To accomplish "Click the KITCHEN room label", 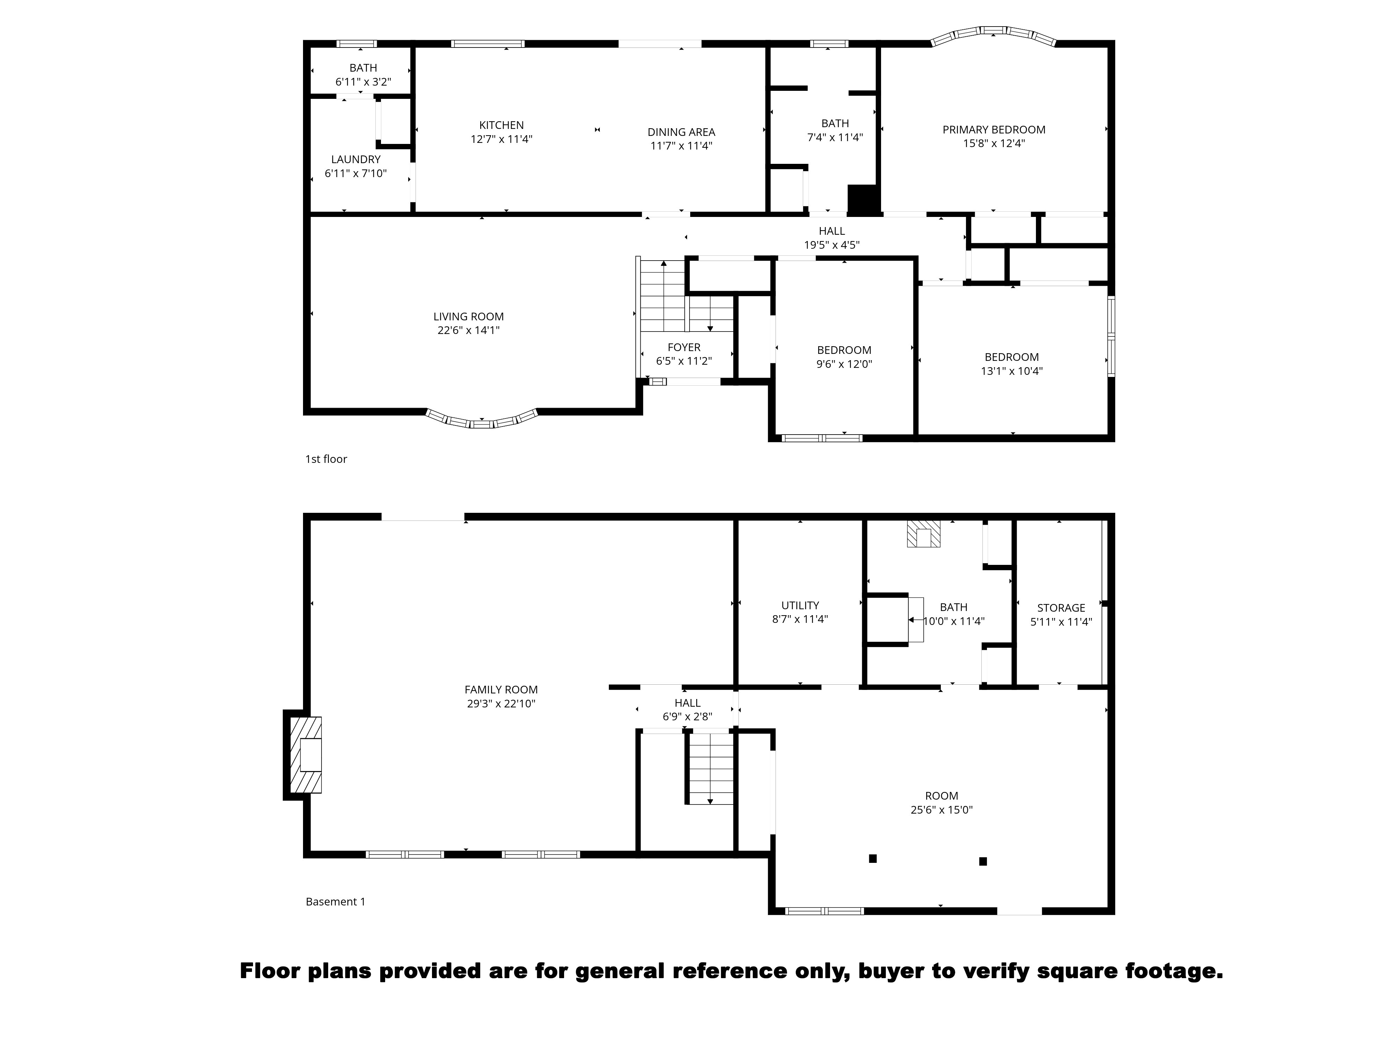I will tap(501, 125).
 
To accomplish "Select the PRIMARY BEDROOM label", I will tap(994, 130).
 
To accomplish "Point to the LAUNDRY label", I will tap(356, 159).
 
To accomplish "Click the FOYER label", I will tap(684, 348).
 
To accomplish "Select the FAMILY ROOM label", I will tap(501, 690).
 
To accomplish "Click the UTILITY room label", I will tap(800, 605).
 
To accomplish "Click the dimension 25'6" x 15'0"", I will tap(941, 810).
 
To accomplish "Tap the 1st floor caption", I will tap(326, 459).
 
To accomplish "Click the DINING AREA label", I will tap(681, 132).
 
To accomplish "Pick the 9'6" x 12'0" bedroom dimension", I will tap(844, 364).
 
